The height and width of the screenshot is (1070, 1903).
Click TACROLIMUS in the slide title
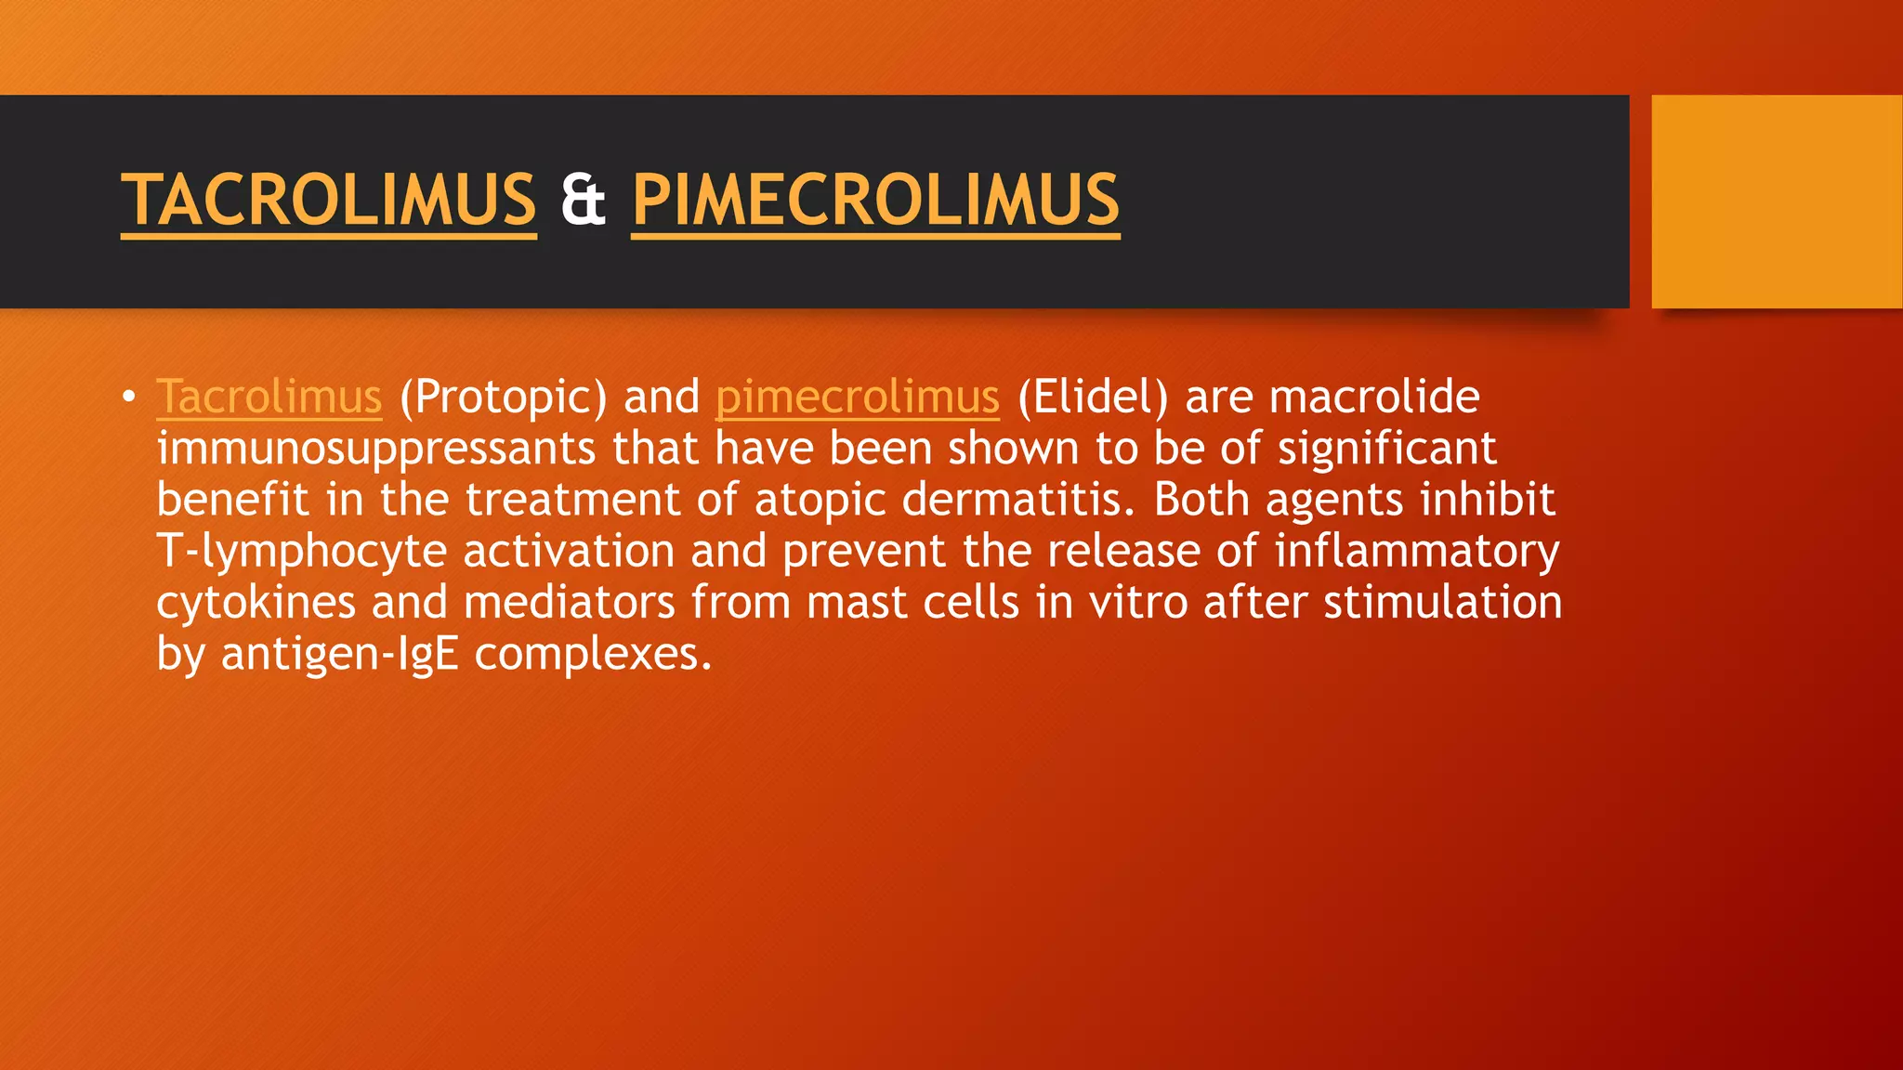328,200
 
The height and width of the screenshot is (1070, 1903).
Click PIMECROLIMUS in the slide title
875,200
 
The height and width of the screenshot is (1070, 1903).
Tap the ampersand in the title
584,200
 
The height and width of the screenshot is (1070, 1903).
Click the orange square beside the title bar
1777,202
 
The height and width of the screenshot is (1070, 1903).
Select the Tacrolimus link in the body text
269,398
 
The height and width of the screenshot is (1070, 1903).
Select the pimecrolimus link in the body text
857,398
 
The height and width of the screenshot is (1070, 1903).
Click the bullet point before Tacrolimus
129,398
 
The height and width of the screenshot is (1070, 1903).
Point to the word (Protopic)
503,398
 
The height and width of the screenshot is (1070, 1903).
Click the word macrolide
1374,398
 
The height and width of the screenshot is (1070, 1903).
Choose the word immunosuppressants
375,450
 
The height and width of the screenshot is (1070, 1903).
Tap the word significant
1387,449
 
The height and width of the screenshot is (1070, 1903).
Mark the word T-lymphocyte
302,552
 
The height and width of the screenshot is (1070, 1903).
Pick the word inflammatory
1417,552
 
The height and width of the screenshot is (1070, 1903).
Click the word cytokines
256,603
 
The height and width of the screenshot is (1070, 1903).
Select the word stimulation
1442,603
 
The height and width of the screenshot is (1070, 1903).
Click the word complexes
593,655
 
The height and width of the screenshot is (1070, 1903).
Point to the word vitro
1138,603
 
